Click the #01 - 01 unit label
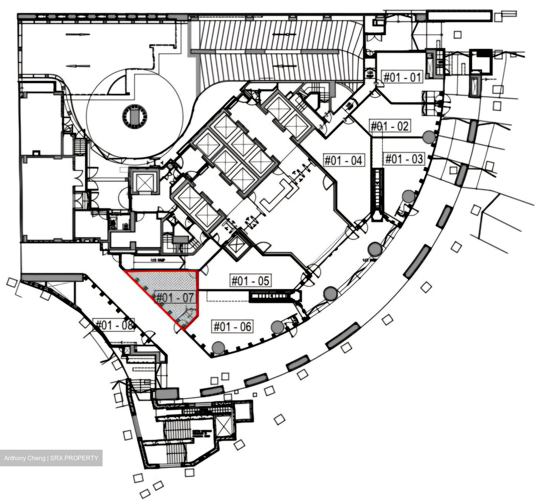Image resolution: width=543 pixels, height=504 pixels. [x=402, y=77]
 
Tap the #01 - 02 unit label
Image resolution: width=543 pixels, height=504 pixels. [x=390, y=126]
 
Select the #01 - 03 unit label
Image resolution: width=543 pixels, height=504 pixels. [x=403, y=159]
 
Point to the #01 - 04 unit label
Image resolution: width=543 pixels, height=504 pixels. [x=344, y=160]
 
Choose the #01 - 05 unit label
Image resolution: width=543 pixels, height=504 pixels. [x=251, y=281]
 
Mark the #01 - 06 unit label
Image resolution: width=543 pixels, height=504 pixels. [x=232, y=326]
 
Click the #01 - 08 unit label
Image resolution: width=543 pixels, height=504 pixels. [x=114, y=325]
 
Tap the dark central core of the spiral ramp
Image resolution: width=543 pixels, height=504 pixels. [x=134, y=117]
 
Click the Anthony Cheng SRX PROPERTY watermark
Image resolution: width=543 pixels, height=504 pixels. [x=51, y=458]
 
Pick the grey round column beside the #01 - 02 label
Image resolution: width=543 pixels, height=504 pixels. [x=428, y=137]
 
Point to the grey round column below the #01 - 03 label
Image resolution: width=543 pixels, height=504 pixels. [x=408, y=196]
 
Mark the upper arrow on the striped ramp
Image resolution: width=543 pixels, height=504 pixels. [x=284, y=35]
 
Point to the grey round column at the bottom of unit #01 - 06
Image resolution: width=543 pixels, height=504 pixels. [x=218, y=347]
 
